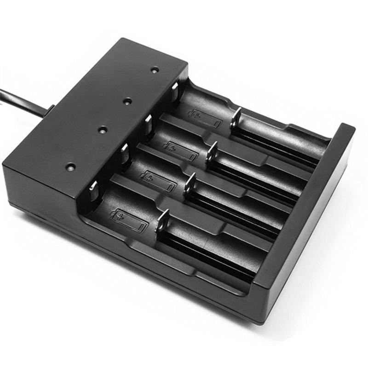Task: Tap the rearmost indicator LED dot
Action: (155, 70)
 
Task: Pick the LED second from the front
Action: (102, 130)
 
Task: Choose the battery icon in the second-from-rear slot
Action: (181, 150)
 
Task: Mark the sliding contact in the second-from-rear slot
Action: (212, 152)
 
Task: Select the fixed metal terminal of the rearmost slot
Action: (175, 91)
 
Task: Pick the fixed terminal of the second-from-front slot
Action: (124, 155)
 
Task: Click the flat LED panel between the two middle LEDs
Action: (115, 115)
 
